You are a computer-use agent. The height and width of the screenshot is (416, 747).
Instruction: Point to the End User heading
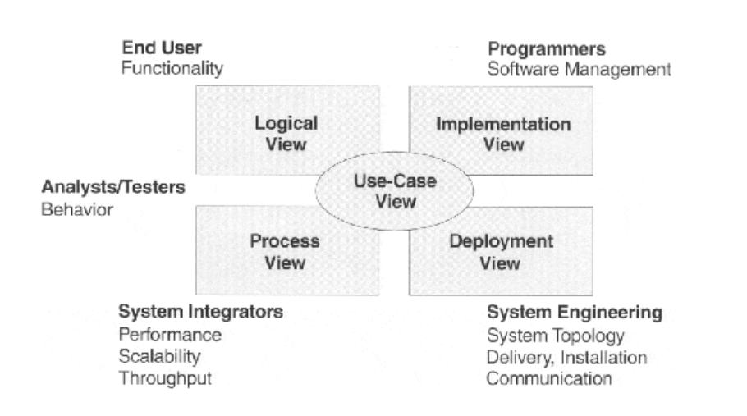(x=161, y=48)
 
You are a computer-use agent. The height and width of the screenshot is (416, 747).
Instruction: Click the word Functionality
(x=172, y=69)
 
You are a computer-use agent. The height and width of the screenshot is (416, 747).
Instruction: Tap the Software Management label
(x=579, y=69)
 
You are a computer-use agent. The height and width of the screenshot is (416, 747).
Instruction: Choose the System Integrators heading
(x=201, y=313)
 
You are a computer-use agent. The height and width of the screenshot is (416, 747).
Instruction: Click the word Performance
(x=170, y=335)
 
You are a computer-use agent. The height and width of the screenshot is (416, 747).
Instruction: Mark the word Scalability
(x=159, y=356)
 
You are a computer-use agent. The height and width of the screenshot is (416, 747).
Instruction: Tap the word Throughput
(x=165, y=378)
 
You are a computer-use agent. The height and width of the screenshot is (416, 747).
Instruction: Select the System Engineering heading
(x=575, y=313)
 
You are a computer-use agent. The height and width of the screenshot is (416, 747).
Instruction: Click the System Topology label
(x=556, y=335)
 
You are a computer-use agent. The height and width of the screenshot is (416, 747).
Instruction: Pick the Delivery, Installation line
(x=566, y=357)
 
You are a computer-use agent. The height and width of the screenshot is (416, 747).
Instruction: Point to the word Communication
(x=549, y=378)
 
